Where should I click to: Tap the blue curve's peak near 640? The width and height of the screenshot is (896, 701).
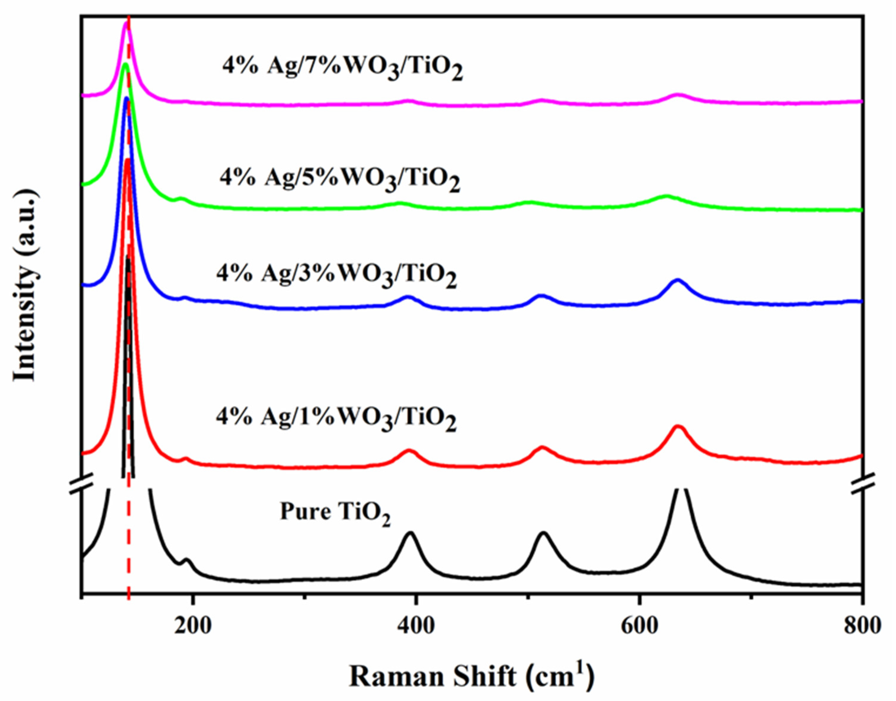677,280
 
